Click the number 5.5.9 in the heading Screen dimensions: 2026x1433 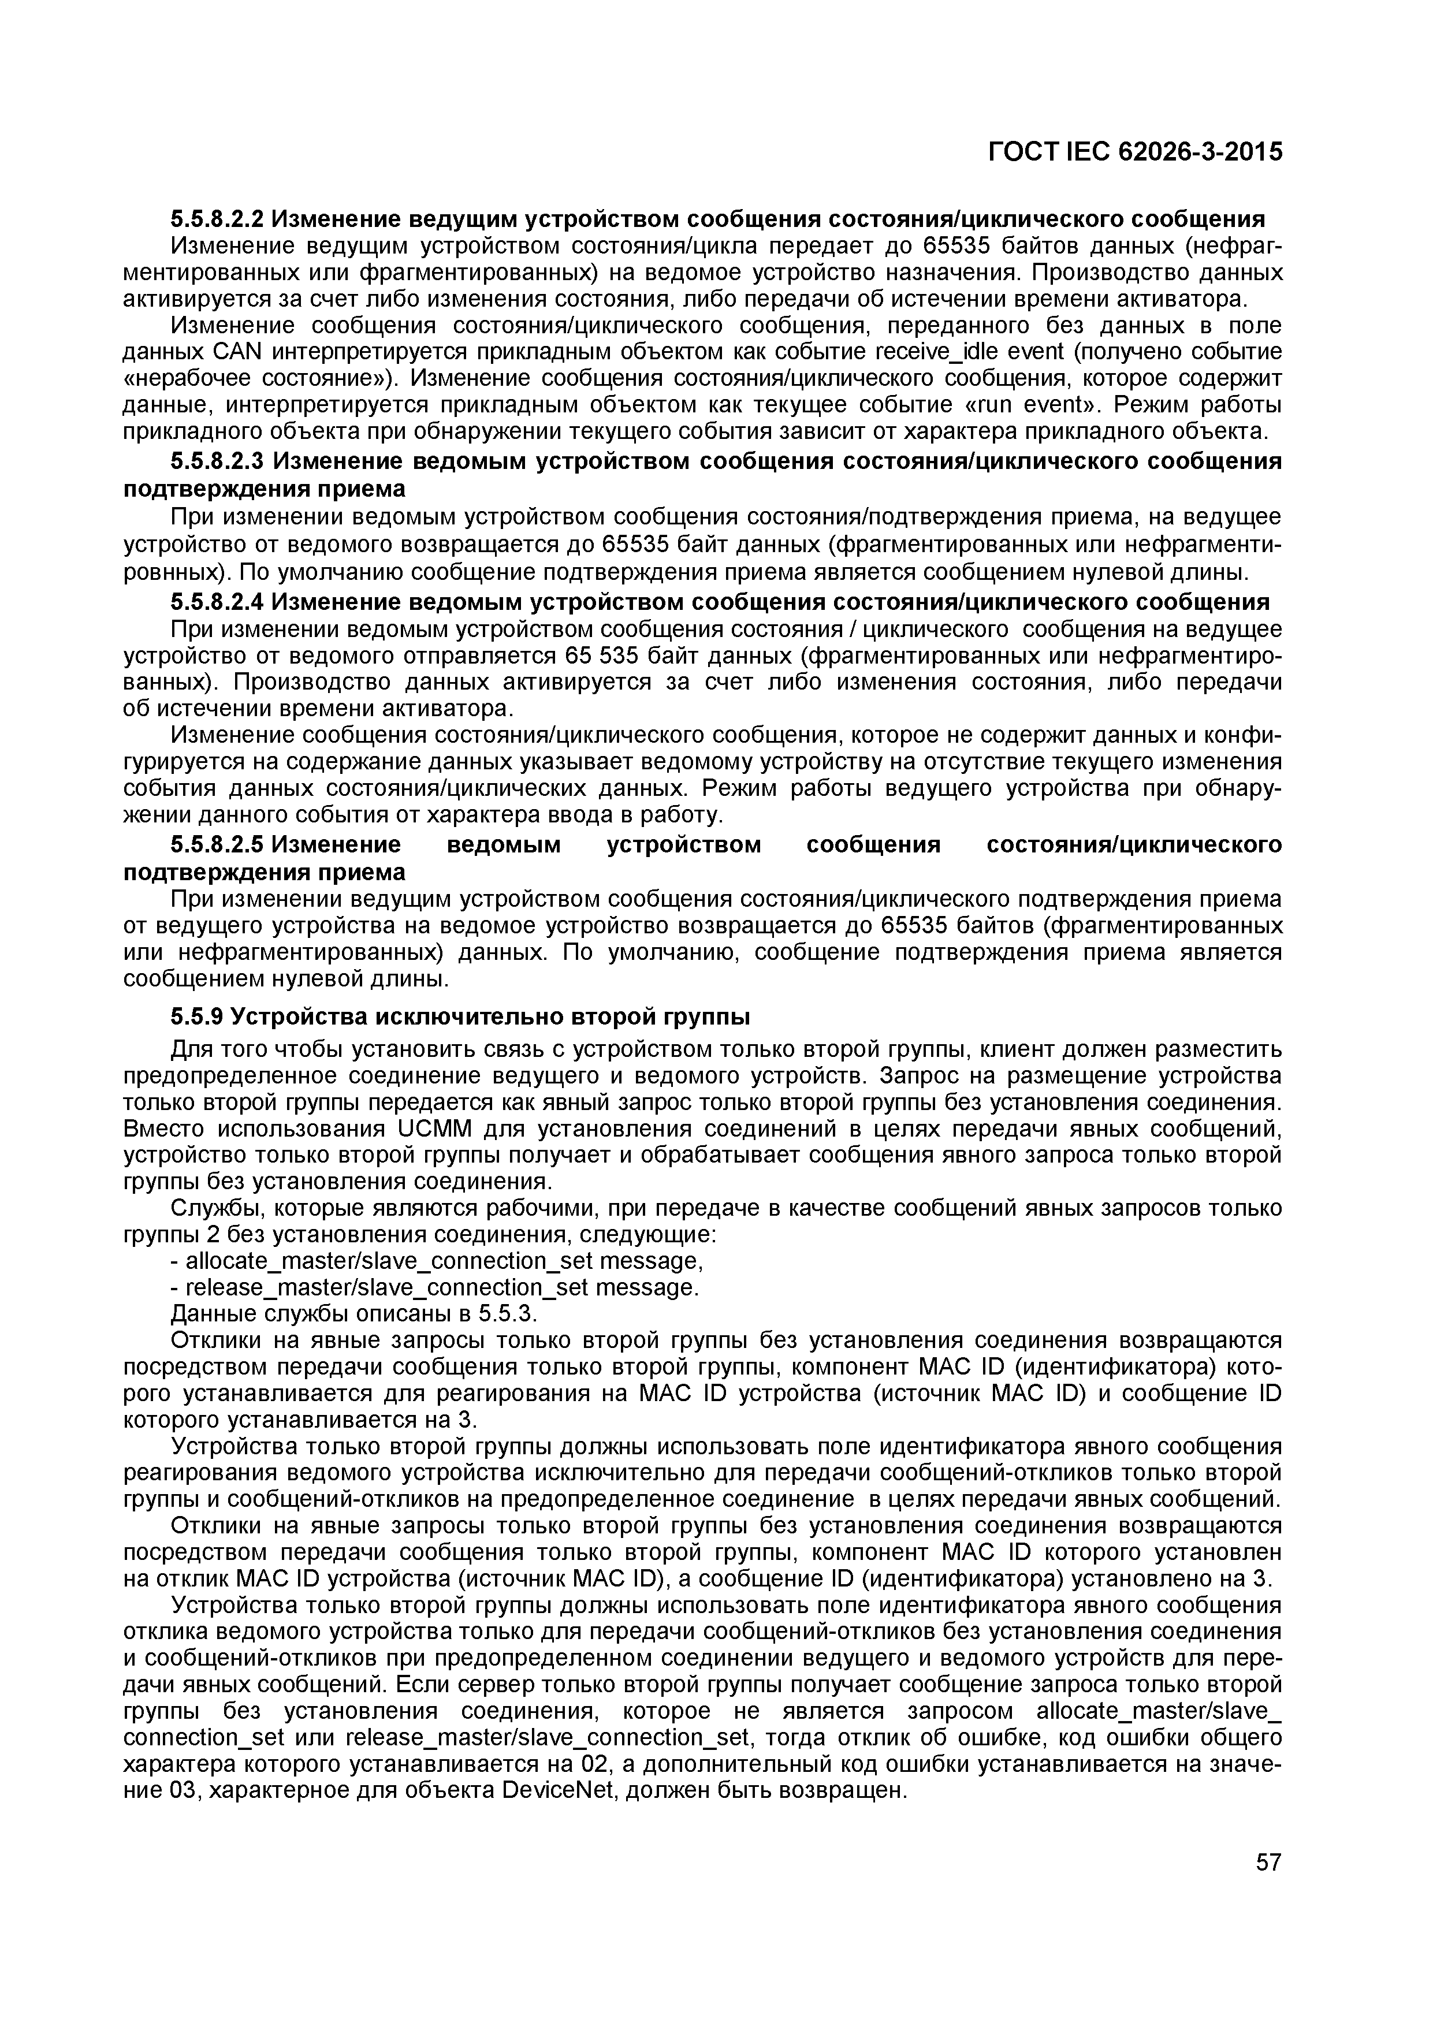[x=197, y=1018]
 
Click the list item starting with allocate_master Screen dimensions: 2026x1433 [x=437, y=1261]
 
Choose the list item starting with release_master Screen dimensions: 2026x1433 [x=434, y=1288]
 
